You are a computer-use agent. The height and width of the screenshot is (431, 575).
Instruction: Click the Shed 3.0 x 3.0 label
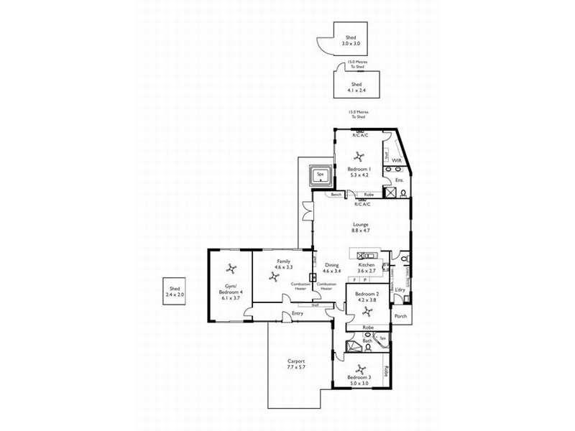pos(351,41)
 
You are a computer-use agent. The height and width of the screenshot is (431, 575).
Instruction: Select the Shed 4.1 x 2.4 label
pos(351,87)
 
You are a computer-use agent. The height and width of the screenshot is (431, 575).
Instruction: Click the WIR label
pos(395,160)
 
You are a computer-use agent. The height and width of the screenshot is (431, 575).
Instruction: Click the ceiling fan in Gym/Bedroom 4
pos(230,269)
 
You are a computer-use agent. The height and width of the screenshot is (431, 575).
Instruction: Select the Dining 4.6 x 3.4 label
pos(331,269)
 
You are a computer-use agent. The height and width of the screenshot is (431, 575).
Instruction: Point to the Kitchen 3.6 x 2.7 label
pos(367,269)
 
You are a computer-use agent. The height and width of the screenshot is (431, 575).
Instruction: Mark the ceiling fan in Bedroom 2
pos(367,310)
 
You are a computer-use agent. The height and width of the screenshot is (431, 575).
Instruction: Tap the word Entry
pos(297,313)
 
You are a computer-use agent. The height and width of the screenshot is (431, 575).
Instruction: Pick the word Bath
pos(367,340)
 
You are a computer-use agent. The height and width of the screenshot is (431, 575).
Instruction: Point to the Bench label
pos(336,195)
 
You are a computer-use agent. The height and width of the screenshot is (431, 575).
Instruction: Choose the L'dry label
pos(400,289)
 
